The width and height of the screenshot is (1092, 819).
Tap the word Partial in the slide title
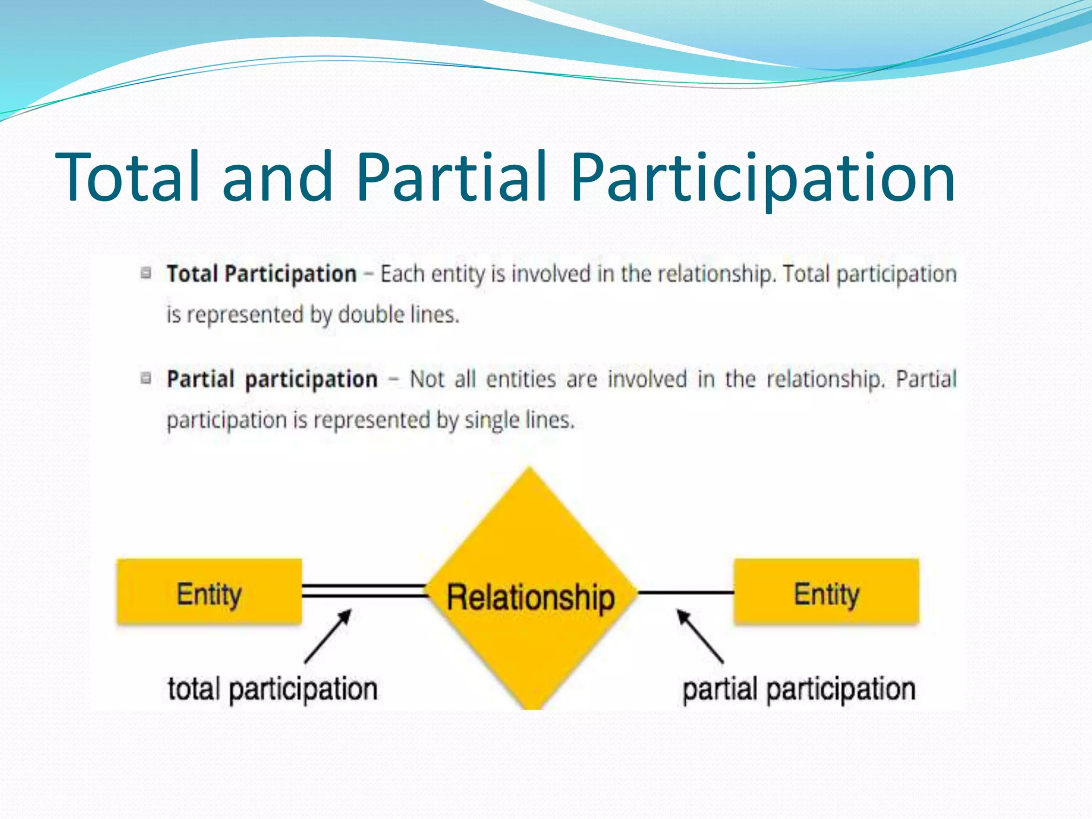click(451, 177)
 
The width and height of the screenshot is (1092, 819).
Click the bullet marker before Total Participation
click(146, 273)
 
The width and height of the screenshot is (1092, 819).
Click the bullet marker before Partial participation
click(146, 379)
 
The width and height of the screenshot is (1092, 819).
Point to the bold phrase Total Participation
click(261, 274)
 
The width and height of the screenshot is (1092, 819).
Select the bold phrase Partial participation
click(272, 380)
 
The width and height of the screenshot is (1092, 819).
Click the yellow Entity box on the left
click(209, 592)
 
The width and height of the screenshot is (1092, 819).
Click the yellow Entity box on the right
click(826, 592)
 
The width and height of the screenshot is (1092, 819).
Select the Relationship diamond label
click(530, 597)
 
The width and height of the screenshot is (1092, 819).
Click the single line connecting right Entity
click(686, 592)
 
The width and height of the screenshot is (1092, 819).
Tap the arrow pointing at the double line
click(327, 637)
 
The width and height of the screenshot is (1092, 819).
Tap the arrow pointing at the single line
click(700, 637)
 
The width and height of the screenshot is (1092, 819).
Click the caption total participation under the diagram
click(272, 689)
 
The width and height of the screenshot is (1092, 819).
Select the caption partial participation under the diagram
click(799, 689)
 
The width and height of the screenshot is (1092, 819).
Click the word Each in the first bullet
click(402, 274)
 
